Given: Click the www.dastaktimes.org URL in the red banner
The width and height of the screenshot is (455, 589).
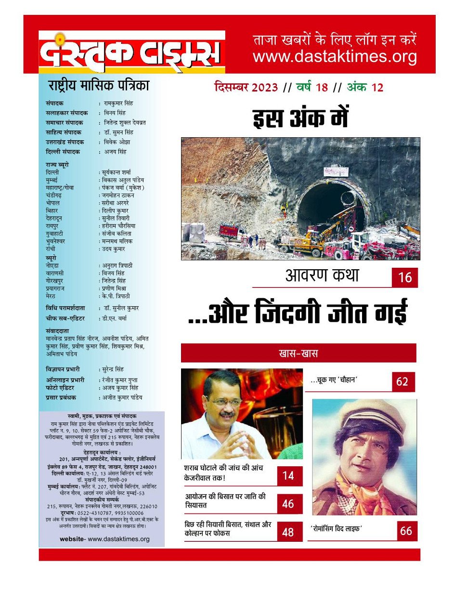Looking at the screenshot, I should [335, 57].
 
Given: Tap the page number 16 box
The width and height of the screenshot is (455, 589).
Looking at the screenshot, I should [405, 278].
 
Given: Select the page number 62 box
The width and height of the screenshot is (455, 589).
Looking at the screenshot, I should [402, 381].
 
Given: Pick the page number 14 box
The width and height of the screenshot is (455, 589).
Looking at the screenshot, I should [288, 475].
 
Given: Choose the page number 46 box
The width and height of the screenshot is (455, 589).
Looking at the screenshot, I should [288, 504].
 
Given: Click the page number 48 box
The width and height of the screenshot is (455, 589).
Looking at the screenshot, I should [288, 532].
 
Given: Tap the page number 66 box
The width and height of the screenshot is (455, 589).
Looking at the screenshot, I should [405, 531].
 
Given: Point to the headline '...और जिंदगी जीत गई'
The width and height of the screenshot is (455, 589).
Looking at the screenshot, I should [297, 312].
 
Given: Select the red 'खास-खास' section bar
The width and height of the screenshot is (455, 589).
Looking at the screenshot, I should [299, 353].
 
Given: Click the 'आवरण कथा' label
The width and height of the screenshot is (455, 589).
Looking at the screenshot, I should [323, 276].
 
